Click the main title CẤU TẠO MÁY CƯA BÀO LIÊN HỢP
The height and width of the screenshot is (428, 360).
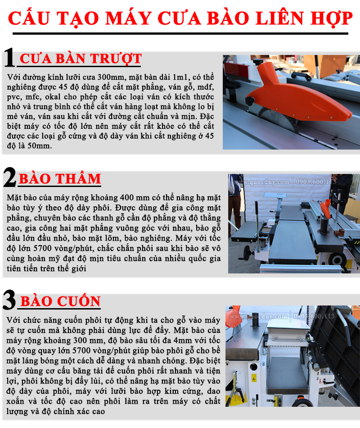(180, 18)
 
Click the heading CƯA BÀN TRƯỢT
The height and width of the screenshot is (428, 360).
(81, 59)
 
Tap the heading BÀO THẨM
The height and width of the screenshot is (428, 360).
(60, 178)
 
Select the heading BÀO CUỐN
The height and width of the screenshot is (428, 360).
(61, 301)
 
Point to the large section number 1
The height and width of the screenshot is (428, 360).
(9, 57)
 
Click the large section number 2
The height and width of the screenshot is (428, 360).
(10, 177)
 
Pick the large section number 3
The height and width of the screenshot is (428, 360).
(9, 300)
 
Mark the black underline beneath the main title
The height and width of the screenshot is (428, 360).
(180, 34)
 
